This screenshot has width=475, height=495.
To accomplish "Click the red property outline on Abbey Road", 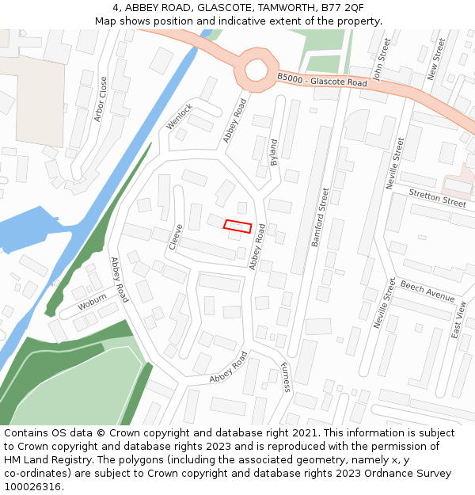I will pos(237,227).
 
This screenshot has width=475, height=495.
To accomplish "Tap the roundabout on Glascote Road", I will pos(256,69).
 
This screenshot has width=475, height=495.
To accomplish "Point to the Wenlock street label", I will pos(180,116).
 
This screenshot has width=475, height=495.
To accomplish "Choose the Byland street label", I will pos(274,152).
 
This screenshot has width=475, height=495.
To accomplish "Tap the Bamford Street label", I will pos(319,217).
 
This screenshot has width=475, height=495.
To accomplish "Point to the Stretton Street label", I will pos(437,197).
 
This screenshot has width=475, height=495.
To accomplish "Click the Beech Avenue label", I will pos(427,291).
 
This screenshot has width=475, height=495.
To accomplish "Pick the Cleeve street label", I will pos(176,237).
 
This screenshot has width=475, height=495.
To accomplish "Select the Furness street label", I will pos(285,377).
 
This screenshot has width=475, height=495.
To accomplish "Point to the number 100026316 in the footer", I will pos(32,487).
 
